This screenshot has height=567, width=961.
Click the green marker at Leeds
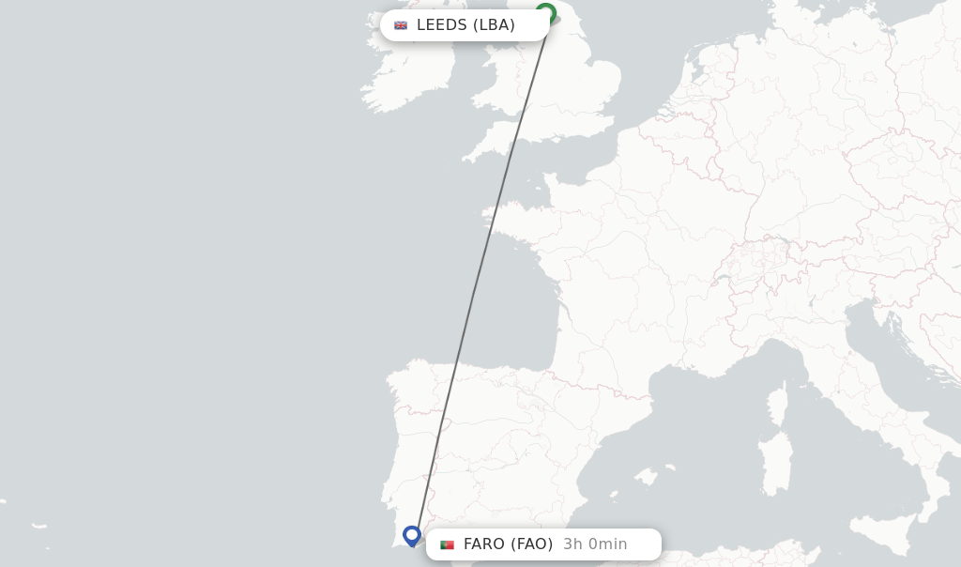click(545, 13)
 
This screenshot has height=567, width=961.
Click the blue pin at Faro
click(411, 535)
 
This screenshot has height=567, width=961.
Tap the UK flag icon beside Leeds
click(401, 25)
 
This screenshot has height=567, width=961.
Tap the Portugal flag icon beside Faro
click(447, 544)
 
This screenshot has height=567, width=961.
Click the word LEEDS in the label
click(441, 25)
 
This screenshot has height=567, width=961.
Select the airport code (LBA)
click(494, 25)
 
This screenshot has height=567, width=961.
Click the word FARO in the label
click(484, 544)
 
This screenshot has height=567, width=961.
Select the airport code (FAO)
click(532, 544)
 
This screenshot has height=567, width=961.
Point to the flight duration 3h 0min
click(595, 544)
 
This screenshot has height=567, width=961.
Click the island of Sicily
click(887, 534)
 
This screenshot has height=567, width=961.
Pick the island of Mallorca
click(645, 476)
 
